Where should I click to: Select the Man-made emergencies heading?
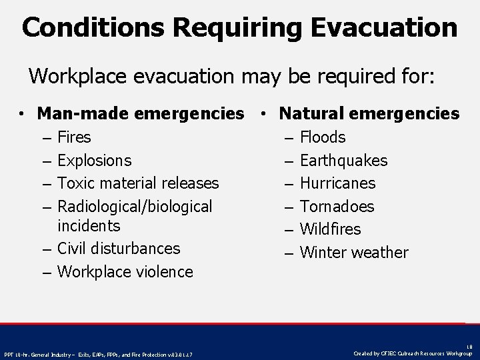click(x=141, y=114)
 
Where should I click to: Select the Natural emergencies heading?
click(x=369, y=114)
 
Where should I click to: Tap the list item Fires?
click(x=75, y=137)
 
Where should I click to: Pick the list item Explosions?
click(x=95, y=161)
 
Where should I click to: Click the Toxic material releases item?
click(x=138, y=183)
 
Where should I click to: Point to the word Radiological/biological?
click(x=135, y=207)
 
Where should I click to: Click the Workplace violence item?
click(x=125, y=272)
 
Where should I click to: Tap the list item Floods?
click(x=323, y=137)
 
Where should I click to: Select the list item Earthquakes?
click(x=343, y=161)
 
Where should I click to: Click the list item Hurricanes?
click(x=337, y=183)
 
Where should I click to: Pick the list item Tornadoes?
click(x=337, y=207)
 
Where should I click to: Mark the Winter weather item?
click(x=354, y=253)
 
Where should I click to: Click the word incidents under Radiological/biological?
click(x=89, y=226)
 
